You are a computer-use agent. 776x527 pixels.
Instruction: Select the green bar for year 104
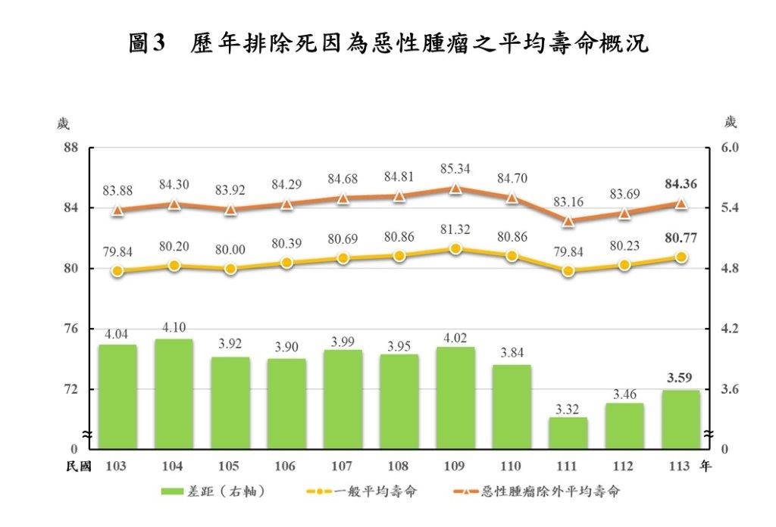click(x=174, y=393)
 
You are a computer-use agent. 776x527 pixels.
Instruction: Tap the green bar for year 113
click(x=681, y=418)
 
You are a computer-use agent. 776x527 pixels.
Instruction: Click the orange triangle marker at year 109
click(x=455, y=189)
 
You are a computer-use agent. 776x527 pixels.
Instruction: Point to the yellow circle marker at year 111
click(x=568, y=270)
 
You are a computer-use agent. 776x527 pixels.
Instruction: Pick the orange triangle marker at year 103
click(x=117, y=210)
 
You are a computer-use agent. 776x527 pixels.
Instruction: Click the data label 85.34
click(x=455, y=168)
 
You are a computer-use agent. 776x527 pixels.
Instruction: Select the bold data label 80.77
click(x=681, y=238)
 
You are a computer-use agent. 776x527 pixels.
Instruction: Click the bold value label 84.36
click(x=681, y=183)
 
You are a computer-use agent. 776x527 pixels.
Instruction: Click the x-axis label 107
click(x=343, y=466)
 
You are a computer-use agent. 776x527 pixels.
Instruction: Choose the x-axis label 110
click(x=512, y=466)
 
